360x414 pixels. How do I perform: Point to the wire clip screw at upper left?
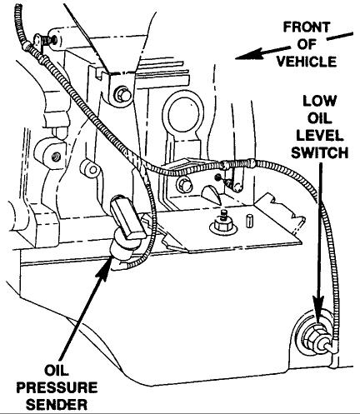(x=52, y=38)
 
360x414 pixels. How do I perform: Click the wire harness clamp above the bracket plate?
(x=218, y=177)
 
